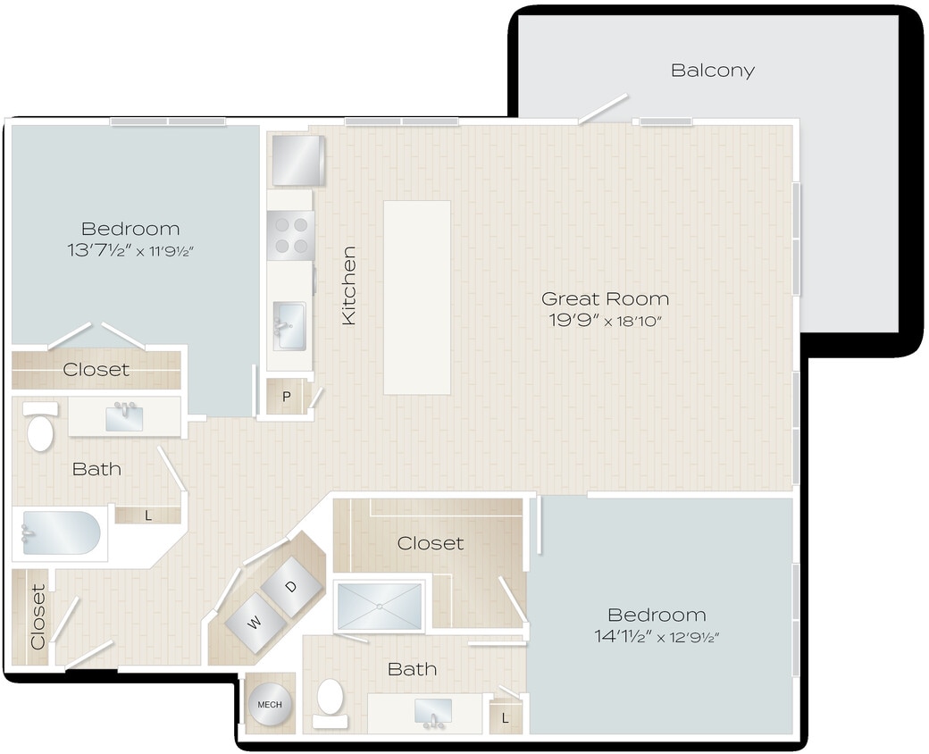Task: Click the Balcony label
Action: [712, 70]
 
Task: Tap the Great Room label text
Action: [605, 298]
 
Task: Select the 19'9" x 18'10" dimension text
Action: [605, 321]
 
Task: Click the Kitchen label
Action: [349, 285]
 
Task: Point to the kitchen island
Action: [416, 297]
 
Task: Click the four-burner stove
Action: [290, 234]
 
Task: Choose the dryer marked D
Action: [290, 586]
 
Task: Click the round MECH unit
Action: [269, 704]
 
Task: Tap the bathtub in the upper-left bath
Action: [61, 533]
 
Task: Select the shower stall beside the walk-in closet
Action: [380, 607]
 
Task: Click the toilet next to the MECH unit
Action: [331, 700]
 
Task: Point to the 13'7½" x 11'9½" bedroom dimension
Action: [130, 251]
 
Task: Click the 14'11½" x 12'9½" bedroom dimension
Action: [657, 637]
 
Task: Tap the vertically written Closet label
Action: [38, 616]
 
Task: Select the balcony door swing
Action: [602, 109]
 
